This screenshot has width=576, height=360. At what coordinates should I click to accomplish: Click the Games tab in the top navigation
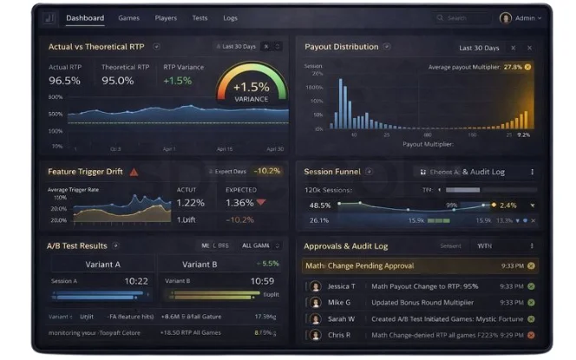[x=128, y=17]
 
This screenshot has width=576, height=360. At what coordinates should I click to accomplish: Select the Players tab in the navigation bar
[x=166, y=17]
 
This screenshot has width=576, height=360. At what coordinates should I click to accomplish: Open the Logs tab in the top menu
[x=230, y=17]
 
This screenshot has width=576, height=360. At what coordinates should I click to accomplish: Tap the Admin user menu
[x=521, y=17]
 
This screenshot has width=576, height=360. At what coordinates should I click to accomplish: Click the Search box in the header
[x=461, y=17]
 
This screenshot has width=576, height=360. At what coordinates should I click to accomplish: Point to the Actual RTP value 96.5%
[x=64, y=81]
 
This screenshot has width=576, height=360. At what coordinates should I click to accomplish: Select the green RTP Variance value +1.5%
[x=178, y=81]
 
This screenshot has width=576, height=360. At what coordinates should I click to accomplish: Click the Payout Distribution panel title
[x=342, y=47]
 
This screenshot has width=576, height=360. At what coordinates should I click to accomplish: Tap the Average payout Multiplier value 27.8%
[x=513, y=67]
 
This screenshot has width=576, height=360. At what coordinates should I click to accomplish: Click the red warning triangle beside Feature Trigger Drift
[x=134, y=172]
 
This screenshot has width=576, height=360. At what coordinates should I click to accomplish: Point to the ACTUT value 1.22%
[x=190, y=203]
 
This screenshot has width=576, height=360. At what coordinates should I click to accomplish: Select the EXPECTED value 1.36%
[x=239, y=203]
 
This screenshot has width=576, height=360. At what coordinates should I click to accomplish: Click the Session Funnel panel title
[x=332, y=172]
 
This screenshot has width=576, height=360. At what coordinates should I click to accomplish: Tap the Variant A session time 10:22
[x=135, y=281]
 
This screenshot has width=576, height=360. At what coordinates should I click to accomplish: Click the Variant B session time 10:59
[x=261, y=281]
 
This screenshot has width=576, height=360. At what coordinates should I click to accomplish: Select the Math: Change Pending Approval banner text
[x=358, y=265]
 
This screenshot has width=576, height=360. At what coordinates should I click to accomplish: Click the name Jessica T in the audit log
[x=342, y=286]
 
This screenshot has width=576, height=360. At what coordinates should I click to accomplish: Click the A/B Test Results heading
[x=77, y=245]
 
